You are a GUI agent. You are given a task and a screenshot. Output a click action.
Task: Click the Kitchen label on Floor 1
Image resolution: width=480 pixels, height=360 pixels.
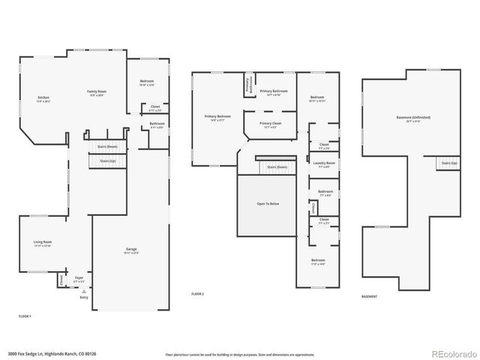(x=44, y=99)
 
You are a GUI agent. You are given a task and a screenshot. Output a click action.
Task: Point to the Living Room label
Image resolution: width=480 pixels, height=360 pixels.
(x=43, y=243)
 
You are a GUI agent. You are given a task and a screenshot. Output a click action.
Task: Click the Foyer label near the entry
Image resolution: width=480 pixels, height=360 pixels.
(x=79, y=279)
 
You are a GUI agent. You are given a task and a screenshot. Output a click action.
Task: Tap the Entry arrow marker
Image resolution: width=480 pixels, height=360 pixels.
(x=83, y=292)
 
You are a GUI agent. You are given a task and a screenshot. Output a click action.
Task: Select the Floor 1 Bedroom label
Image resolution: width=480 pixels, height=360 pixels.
(x=147, y=83)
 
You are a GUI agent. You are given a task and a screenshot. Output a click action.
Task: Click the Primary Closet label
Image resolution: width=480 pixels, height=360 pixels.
(x=271, y=124)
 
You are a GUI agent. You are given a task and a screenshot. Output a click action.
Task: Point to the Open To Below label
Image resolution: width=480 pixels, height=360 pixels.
(x=268, y=202)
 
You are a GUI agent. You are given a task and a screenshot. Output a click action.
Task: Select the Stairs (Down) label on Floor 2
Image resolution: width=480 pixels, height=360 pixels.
(x=277, y=167)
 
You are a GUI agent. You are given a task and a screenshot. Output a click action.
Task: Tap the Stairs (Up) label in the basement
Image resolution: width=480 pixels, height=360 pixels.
(x=449, y=163)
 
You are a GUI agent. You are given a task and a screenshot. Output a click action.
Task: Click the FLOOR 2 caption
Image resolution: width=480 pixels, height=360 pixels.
(x=198, y=293)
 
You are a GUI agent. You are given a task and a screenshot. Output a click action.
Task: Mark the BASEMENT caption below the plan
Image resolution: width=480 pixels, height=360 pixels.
(x=370, y=297)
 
